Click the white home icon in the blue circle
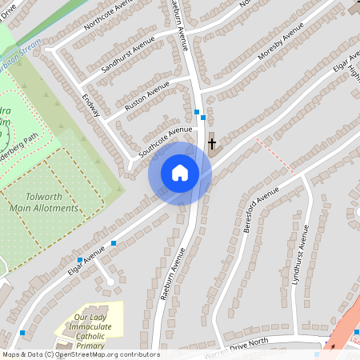coord(179,173)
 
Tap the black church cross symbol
coord(212,145)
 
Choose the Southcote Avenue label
coord(166,141)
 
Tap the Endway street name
coord(90,106)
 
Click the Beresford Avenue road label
coord(257,209)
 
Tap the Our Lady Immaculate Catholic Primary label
coord(90,328)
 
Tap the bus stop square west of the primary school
coord(22,332)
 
